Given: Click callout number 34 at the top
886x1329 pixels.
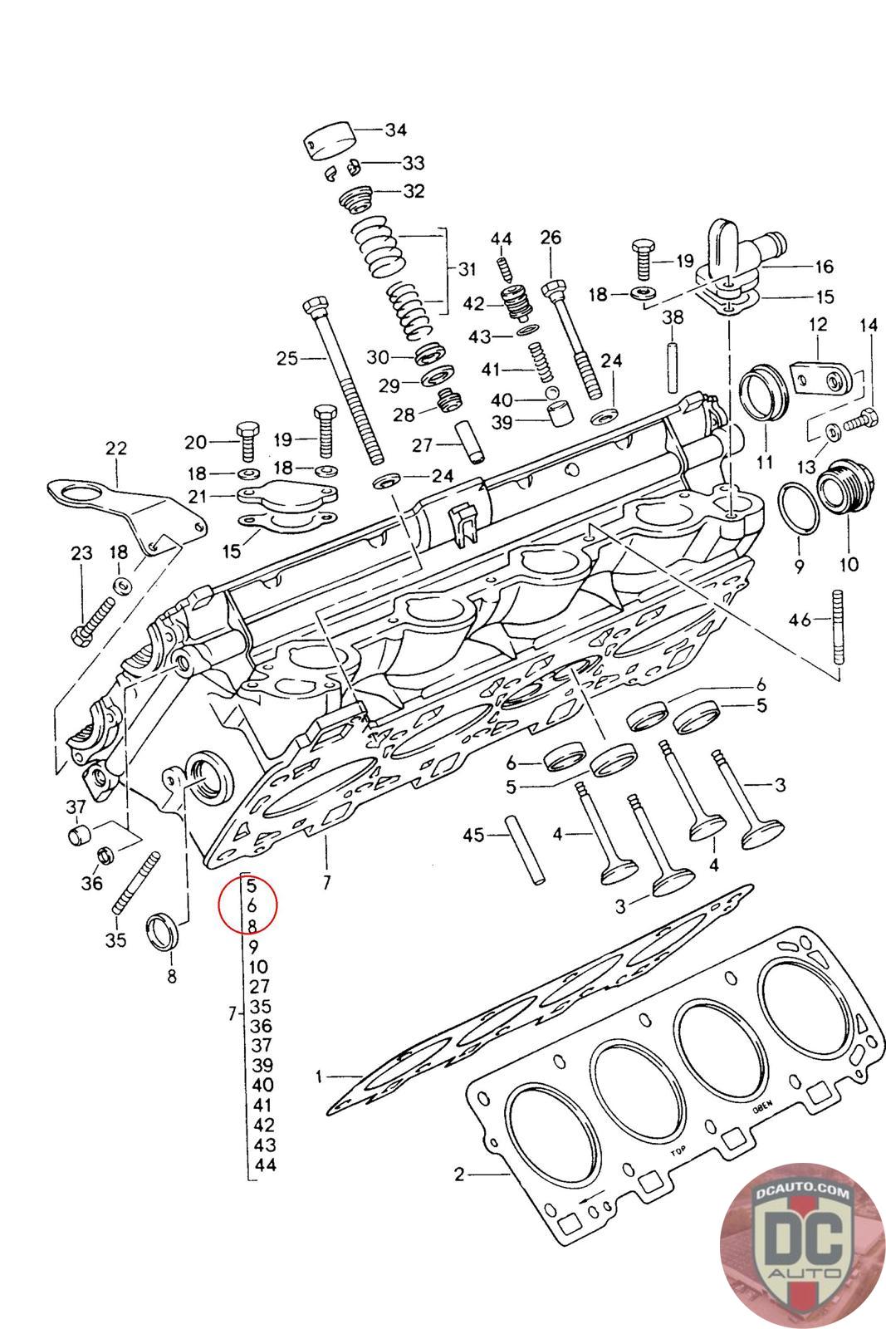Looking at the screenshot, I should pyautogui.click(x=395, y=129).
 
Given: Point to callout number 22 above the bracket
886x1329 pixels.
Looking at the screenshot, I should pyautogui.click(x=116, y=449).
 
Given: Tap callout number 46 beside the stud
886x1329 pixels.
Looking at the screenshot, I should pyautogui.click(x=800, y=619).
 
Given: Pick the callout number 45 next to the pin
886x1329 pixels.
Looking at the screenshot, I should pyautogui.click(x=473, y=836).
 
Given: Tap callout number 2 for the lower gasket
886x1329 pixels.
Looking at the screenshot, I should pyautogui.click(x=459, y=1175).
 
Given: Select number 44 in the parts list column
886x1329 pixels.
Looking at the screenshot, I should pyautogui.click(x=265, y=1165).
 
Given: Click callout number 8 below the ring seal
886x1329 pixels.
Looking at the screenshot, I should pyautogui.click(x=172, y=977).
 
